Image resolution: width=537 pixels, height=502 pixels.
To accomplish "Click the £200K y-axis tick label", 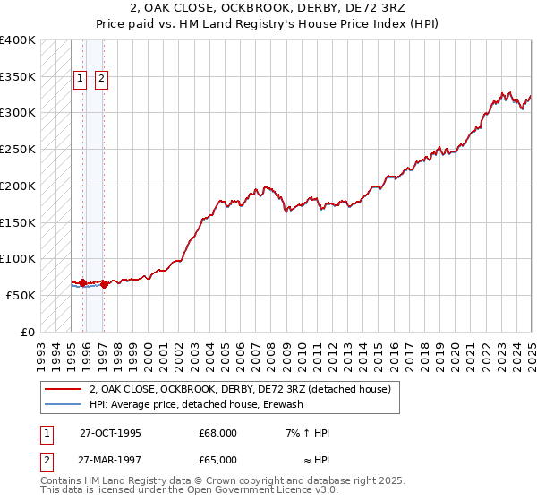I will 19,186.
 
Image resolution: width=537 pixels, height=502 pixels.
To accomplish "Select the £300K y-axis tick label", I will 19,113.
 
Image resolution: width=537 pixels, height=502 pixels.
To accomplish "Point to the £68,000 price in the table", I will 218,433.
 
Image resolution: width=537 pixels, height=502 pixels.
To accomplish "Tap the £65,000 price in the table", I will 218,460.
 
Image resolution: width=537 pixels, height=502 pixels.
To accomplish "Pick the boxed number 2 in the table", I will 45,460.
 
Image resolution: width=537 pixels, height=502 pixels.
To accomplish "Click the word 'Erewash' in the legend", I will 284,405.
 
